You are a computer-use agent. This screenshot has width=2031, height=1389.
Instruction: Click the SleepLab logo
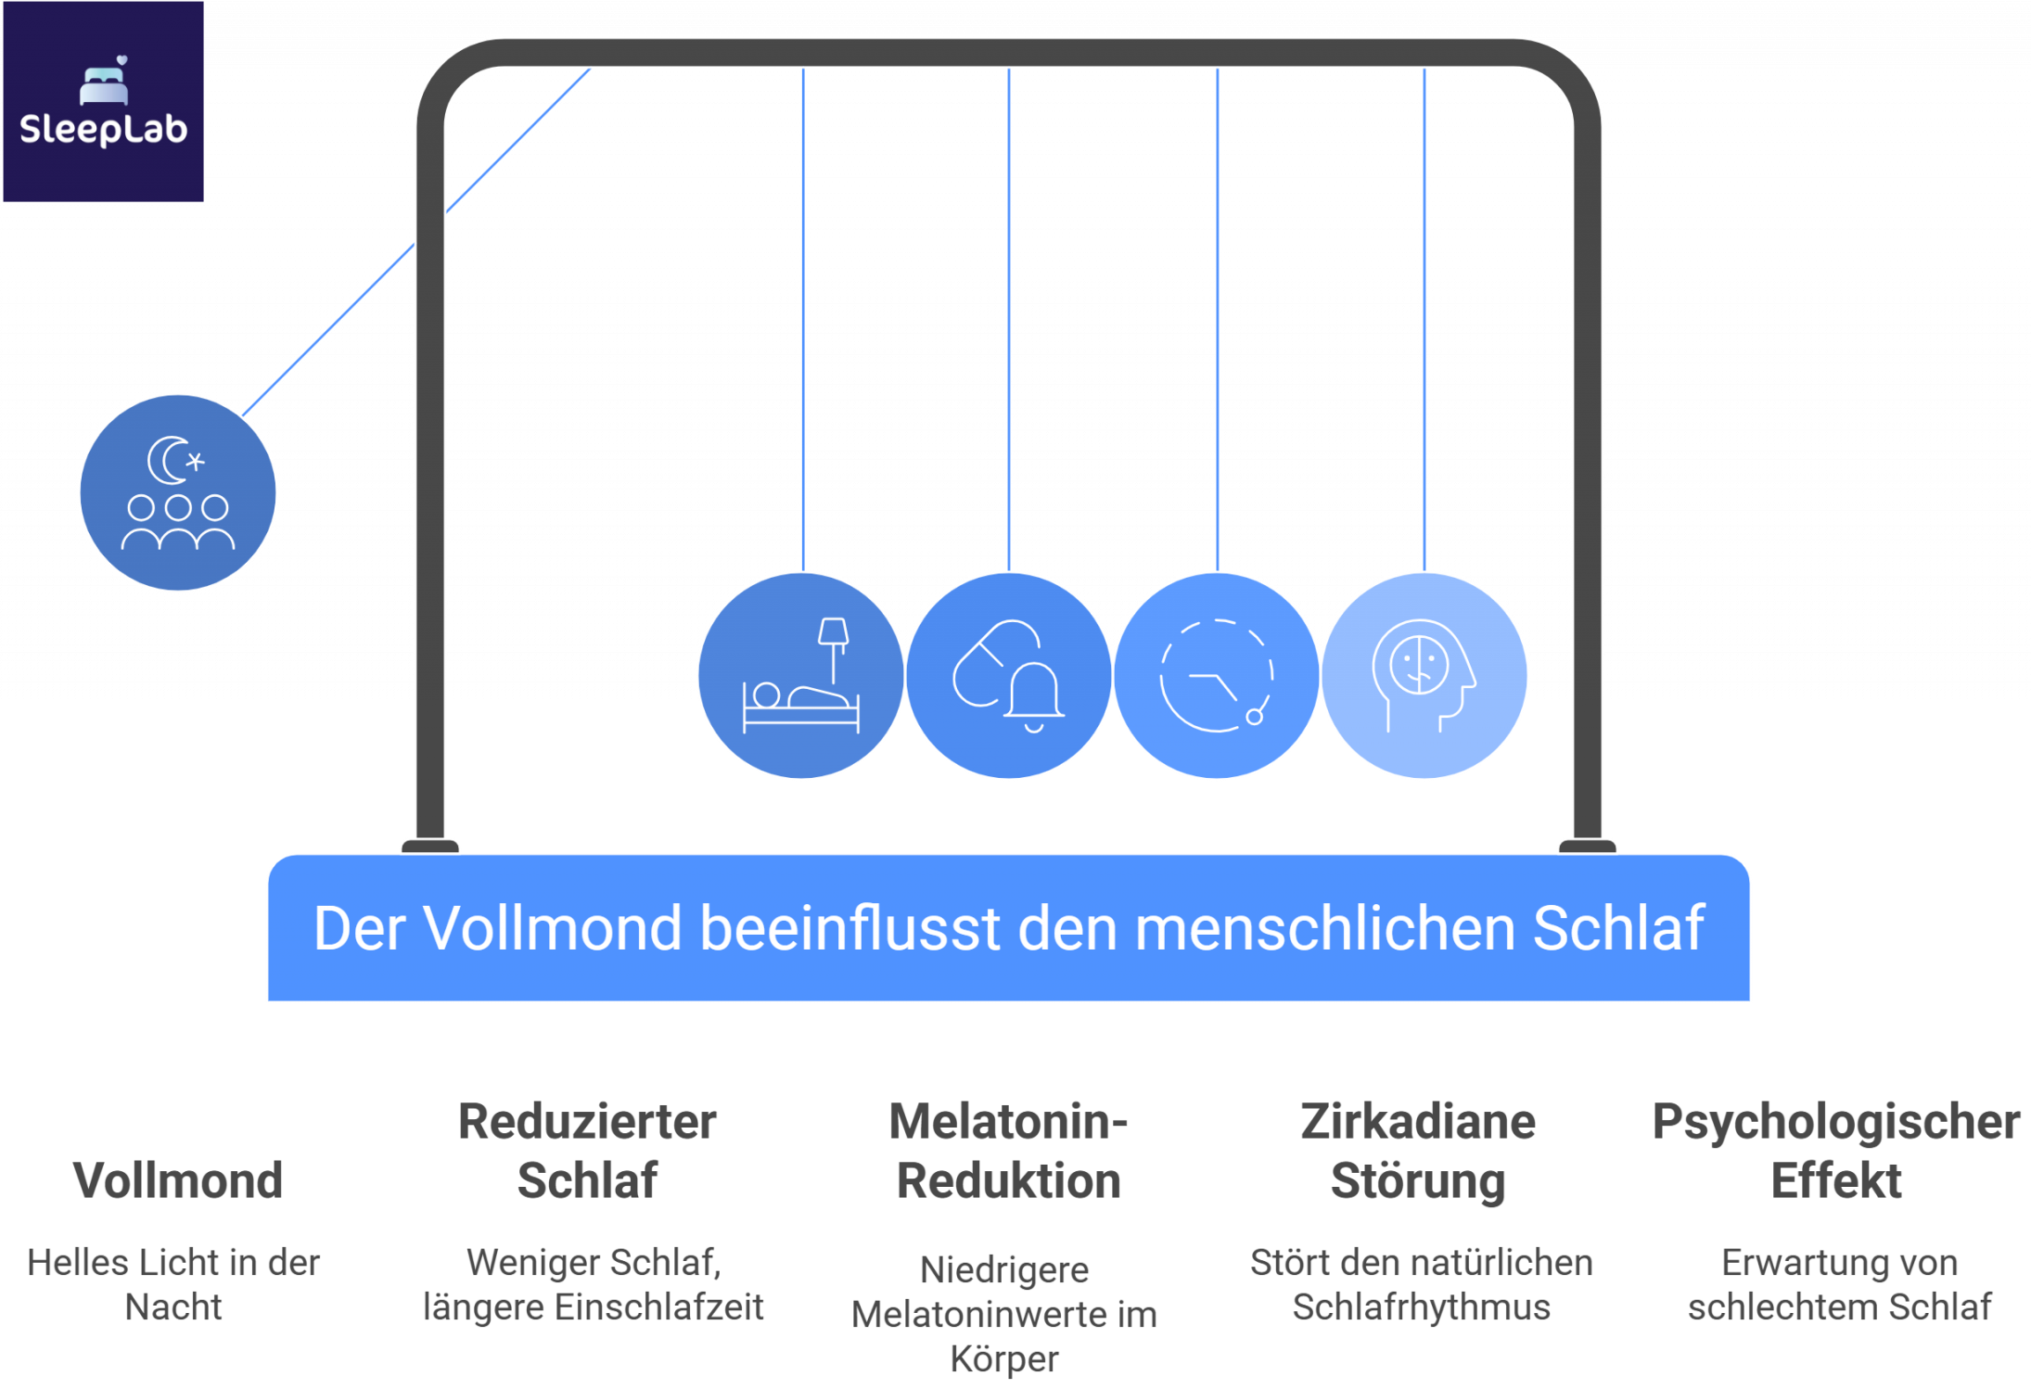[x=103, y=102]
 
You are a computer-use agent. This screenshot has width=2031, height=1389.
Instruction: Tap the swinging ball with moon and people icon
[x=178, y=492]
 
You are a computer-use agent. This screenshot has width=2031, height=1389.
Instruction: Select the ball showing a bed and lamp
[x=801, y=676]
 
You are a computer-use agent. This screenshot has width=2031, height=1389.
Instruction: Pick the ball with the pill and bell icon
[x=1009, y=676]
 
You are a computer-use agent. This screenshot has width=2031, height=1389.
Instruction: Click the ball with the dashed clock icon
[x=1217, y=676]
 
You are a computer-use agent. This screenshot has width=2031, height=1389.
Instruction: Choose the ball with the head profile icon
[x=1424, y=676]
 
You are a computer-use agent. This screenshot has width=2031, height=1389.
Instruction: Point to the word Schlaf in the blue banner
[x=1618, y=928]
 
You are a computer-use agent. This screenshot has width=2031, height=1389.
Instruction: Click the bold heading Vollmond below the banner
[x=177, y=1180]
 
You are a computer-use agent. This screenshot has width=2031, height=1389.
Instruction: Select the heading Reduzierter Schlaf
[x=588, y=1151]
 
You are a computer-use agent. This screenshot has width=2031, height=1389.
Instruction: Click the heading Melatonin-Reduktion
[x=1008, y=1151]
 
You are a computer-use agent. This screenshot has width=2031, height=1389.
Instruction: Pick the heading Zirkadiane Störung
[x=1418, y=1151]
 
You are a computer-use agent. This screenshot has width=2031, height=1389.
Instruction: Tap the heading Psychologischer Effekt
[x=1836, y=1151]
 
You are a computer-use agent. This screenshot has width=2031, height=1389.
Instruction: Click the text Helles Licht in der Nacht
[x=173, y=1284]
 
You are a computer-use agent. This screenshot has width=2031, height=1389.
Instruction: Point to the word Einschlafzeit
[x=659, y=1307]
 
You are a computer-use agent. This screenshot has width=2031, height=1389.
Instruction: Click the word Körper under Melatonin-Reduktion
[x=1004, y=1359]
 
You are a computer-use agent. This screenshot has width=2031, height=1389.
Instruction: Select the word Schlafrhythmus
[x=1421, y=1307]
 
